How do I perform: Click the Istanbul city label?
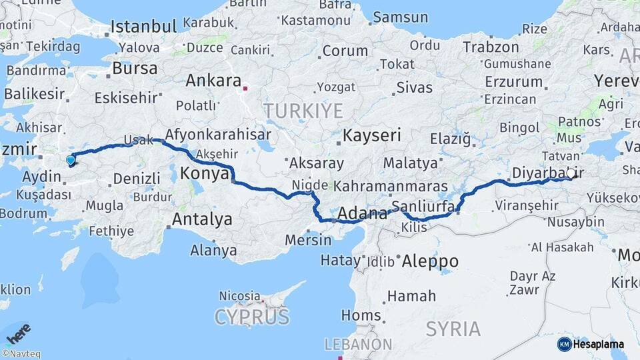point(143,27)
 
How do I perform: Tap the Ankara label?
point(213,81)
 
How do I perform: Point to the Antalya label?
point(202,219)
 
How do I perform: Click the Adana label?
point(363,214)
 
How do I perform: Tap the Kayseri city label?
point(372,136)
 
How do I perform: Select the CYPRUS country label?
point(252,316)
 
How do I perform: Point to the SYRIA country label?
point(453,329)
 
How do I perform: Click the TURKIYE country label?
point(303,111)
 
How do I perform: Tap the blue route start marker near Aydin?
point(71,159)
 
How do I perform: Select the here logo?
point(18,332)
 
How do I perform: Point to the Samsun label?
point(401,18)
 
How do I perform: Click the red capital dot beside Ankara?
point(245,87)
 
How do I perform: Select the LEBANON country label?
point(358,345)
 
